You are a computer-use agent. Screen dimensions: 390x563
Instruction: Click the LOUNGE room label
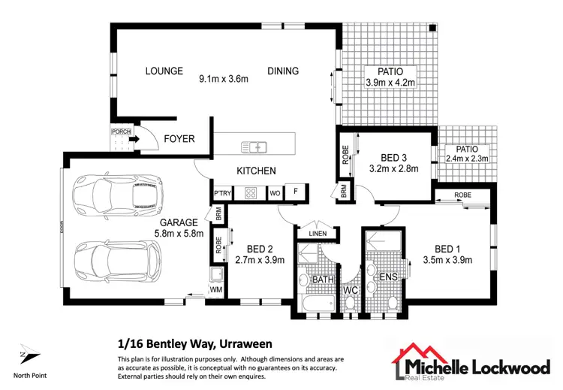coord(164,71)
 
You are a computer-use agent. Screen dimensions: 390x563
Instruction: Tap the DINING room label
coord(283,71)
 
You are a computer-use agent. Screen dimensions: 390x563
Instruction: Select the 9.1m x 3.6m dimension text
coord(223,78)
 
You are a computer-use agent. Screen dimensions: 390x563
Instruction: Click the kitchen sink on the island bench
coord(253,146)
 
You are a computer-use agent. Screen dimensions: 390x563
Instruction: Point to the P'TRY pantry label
coord(221,193)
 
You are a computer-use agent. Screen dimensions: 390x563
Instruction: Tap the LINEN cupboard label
coord(318,233)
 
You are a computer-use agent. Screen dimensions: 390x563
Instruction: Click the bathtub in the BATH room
coord(315,304)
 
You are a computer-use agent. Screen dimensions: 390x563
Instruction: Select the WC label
coord(350,290)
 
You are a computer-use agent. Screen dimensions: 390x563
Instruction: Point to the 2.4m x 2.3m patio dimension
coord(467,159)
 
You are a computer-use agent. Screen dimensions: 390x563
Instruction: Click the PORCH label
coord(121,132)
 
